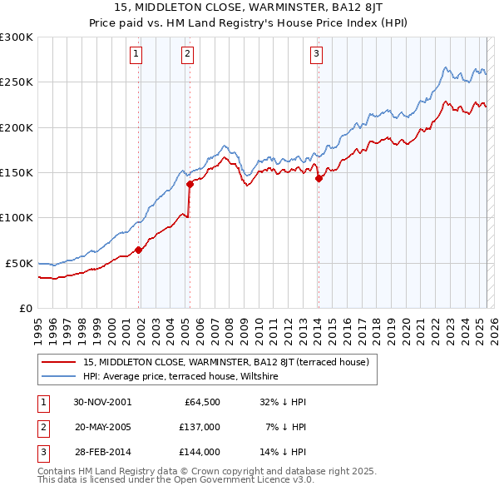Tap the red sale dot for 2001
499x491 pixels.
click(x=139, y=250)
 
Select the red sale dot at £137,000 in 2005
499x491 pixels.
click(x=190, y=185)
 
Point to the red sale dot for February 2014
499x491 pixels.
click(x=319, y=178)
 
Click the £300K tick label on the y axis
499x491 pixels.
click(x=17, y=37)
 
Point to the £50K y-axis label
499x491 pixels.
click(x=20, y=263)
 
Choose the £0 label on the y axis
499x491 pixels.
click(x=27, y=308)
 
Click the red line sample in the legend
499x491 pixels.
click(x=59, y=362)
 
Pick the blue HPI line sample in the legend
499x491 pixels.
click(x=59, y=377)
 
